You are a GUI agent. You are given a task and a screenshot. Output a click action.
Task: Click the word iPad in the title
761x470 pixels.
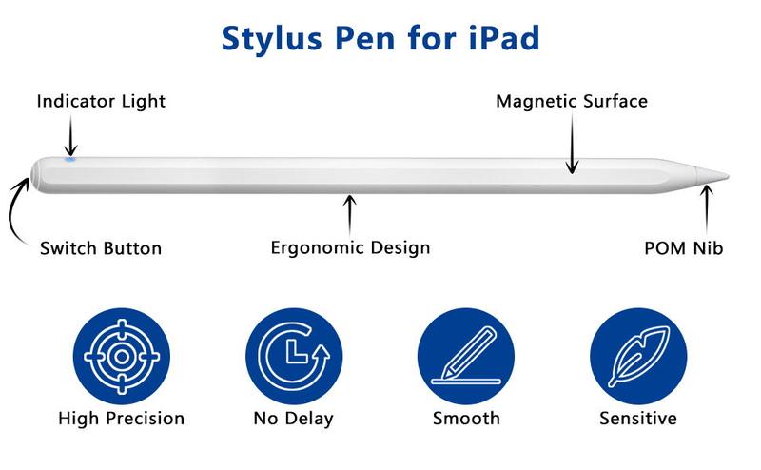[504, 38]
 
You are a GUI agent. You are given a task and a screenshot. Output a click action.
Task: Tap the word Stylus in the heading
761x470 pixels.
[271, 39]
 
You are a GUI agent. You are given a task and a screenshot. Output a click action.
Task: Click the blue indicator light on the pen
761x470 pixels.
[70, 159]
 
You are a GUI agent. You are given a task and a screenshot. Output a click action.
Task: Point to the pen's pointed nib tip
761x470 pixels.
[727, 176]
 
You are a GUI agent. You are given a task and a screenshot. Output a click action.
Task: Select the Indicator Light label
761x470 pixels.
[101, 101]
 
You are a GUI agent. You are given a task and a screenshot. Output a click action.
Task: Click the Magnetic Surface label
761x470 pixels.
[572, 101]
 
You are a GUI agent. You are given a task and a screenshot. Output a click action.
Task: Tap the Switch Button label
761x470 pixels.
[101, 248]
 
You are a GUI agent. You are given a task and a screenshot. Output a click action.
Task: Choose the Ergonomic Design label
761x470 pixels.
[350, 247]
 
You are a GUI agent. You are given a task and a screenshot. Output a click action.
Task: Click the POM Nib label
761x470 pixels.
[683, 248]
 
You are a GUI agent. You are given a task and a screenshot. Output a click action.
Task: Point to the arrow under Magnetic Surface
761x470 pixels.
[573, 144]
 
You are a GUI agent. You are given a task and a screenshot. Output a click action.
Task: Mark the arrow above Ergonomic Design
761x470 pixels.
[349, 216]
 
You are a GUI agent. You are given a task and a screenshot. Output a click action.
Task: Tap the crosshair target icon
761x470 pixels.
[122, 357]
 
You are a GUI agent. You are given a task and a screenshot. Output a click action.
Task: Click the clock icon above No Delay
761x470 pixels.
[294, 357]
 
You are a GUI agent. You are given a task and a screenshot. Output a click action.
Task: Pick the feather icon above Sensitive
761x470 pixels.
[638, 357]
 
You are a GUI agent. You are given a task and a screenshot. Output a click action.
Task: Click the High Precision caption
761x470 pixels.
[122, 419]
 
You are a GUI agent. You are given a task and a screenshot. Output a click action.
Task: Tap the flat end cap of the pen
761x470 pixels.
[35, 175]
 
